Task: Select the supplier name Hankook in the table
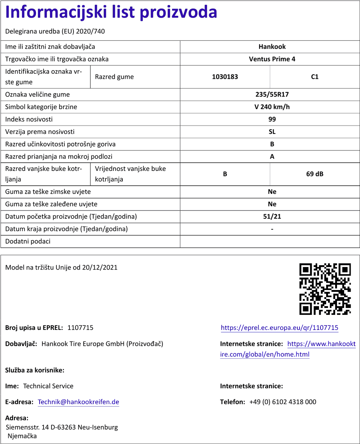click(272, 47)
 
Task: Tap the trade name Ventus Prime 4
click(272, 59)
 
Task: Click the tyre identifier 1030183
click(225, 77)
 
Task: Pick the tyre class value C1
click(315, 77)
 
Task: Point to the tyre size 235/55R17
click(272, 95)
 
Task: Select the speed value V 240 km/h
click(272, 107)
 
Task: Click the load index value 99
click(272, 119)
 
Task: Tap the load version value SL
click(272, 132)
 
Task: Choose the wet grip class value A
click(272, 157)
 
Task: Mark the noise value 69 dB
click(315, 174)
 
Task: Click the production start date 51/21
click(272, 217)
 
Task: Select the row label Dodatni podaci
click(28, 241)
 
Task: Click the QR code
click(325, 289)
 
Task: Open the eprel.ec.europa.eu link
click(279, 328)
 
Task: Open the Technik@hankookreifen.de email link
click(78, 402)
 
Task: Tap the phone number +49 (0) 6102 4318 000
click(283, 402)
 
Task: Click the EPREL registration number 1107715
click(80, 328)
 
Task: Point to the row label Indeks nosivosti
click(29, 119)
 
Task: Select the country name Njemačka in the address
click(22, 436)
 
